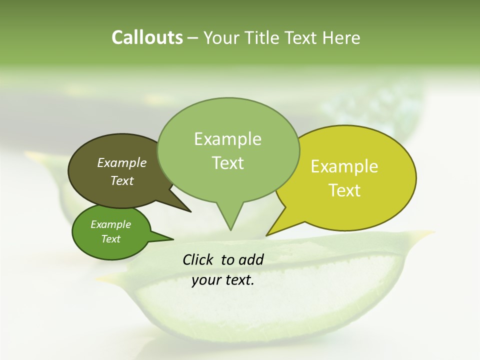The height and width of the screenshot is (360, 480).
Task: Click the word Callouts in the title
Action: tap(147, 38)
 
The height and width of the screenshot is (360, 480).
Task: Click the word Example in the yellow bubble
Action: tap(344, 166)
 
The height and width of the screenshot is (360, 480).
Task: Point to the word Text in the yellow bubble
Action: tap(344, 190)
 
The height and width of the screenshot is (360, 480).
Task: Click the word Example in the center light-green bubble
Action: tap(227, 139)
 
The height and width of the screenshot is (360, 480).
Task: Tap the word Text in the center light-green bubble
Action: tap(227, 163)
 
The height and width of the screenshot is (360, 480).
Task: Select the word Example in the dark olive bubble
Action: tap(122, 162)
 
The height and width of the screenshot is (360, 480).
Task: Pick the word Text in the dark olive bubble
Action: tap(122, 180)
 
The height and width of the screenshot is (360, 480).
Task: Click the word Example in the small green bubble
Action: tap(110, 224)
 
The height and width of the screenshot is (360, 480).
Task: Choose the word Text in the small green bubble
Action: tap(110, 239)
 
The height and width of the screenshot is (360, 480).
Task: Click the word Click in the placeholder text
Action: tap(198, 259)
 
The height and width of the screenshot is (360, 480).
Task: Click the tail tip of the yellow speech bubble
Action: tap(267, 235)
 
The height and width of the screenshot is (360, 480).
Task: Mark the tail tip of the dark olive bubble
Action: tap(190, 211)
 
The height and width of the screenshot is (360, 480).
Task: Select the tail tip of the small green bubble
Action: tap(173, 239)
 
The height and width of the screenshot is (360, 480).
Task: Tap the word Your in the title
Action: tap(220, 38)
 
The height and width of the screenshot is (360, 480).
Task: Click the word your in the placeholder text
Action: tap(206, 280)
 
